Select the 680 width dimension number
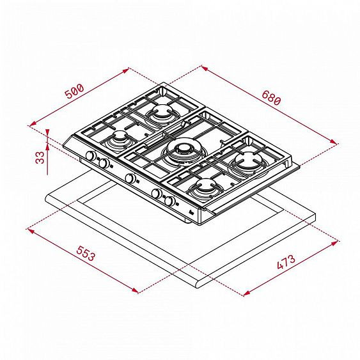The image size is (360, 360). (x=272, y=96)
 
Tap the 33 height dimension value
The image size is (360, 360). (x=40, y=157)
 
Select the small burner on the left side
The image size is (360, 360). (x=119, y=139)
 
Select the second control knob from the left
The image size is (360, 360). (x=102, y=163)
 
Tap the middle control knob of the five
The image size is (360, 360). (x=130, y=178)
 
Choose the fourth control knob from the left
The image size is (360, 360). (x=156, y=192)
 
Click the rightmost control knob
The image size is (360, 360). (x=169, y=201)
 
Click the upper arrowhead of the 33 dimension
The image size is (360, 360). (x=49, y=132)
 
